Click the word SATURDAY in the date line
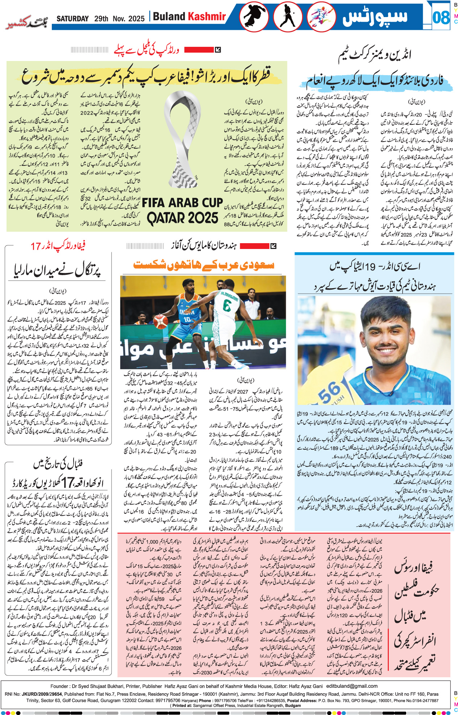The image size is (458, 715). pos(72,19)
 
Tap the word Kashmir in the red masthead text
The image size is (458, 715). pos(207,16)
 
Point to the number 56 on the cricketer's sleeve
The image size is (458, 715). pos(329,392)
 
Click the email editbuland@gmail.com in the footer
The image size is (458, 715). pos(352,686)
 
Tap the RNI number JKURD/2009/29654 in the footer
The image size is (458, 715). pos(42,694)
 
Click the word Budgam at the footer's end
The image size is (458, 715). pos(293,706)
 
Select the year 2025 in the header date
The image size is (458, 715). pos(136,19)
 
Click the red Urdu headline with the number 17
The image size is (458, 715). pos(58,246)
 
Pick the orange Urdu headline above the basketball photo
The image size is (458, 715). pos(204,265)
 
